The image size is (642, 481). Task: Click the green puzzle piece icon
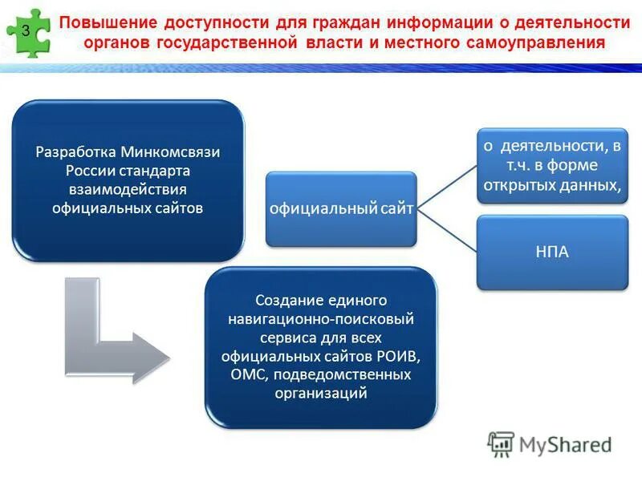[x=29, y=33]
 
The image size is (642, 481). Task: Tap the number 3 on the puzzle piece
[x=26, y=31]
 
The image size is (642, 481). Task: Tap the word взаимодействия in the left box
[x=128, y=190]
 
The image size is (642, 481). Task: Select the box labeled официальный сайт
[x=341, y=209]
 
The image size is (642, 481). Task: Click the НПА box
[x=551, y=253]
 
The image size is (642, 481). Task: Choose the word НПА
[x=551, y=253]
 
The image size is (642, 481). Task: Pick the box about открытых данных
[x=551, y=164]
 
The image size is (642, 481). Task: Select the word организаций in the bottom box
[x=321, y=393]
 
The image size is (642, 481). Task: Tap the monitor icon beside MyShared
[x=502, y=444]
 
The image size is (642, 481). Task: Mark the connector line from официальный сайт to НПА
[x=447, y=232]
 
